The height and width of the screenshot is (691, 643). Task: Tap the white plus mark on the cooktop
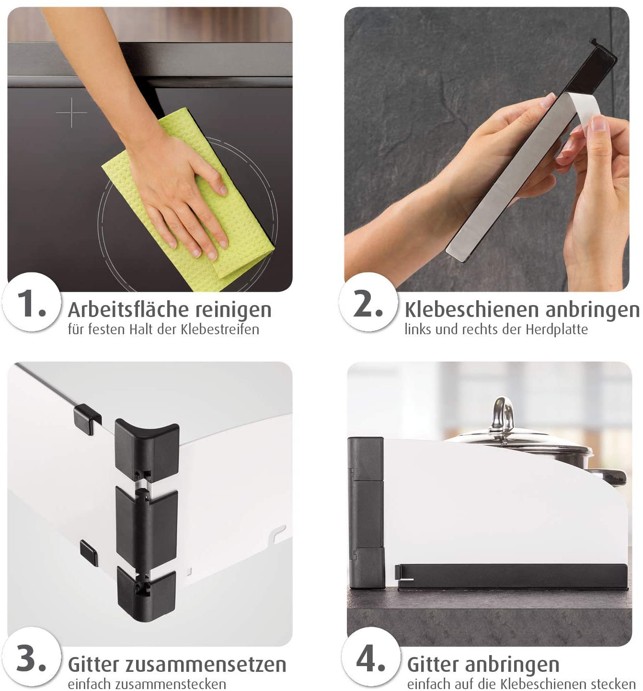point(71,113)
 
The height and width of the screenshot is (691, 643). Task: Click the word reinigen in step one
point(233,310)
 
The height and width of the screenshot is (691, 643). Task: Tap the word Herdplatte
point(557,329)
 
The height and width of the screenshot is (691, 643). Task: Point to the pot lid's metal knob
point(504,415)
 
